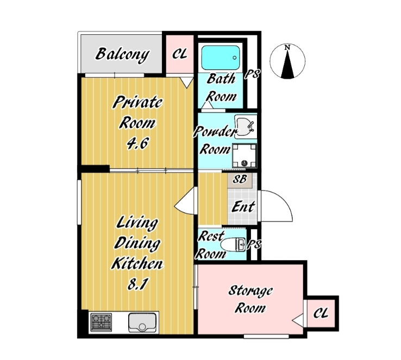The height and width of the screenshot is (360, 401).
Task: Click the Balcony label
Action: point(122,55)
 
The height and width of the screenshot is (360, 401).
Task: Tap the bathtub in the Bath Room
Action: point(221,58)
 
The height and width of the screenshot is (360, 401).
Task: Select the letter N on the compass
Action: point(287,47)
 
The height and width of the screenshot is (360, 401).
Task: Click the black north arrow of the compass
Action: point(287,64)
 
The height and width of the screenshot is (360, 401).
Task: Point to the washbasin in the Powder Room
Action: point(246,127)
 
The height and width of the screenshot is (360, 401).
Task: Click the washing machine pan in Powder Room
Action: point(244,156)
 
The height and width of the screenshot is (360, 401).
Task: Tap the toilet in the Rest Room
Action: point(233,244)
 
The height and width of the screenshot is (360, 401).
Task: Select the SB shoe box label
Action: point(240,179)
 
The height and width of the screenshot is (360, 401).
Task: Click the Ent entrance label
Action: point(243,207)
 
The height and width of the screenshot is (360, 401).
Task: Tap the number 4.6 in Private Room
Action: point(137,144)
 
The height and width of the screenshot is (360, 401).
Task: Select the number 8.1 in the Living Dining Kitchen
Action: point(138,284)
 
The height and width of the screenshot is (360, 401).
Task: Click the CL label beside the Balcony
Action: point(180,54)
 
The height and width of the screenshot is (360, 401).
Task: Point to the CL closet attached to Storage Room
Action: point(321,313)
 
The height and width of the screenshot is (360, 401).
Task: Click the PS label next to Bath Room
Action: point(253,74)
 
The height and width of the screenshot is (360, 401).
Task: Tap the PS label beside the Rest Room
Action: point(254,244)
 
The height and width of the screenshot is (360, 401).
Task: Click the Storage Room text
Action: point(250,299)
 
